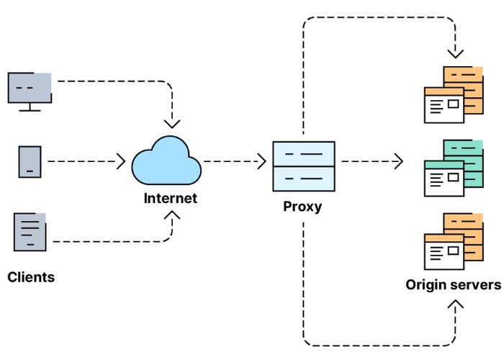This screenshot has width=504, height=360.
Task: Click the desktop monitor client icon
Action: pos(30,90)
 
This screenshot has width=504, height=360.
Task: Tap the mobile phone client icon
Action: pos(30,161)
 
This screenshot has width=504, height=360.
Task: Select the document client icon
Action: pos(30,231)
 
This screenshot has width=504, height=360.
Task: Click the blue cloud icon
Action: pos(166,161)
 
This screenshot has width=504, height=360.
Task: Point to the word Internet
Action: pos(171,198)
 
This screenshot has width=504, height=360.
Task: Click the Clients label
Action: pos(31,276)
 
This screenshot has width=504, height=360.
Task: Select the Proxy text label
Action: pos(302,207)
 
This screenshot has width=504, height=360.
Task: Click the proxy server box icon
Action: pos(303,166)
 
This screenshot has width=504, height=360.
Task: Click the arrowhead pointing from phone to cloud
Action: pos(121,161)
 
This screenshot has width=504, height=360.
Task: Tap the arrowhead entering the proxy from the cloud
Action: pos(261,161)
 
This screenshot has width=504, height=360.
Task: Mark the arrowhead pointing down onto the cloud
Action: pos(172,123)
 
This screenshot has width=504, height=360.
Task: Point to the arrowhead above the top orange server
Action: pos(455,53)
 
